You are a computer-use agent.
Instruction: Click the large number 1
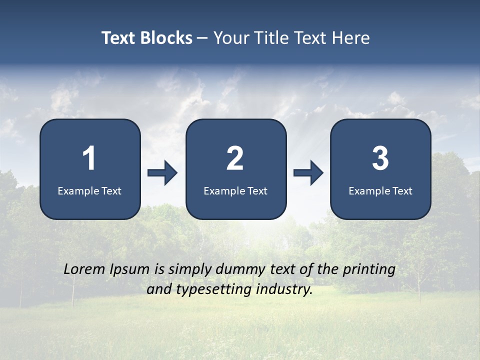[x=89, y=158]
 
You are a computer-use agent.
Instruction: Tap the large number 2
[x=235, y=158]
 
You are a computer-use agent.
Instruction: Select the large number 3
[x=380, y=158]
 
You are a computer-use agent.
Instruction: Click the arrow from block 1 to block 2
[x=163, y=173]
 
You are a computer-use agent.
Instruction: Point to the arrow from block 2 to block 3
[x=308, y=173]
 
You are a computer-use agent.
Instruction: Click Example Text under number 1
[x=89, y=190]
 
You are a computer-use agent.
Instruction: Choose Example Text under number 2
[x=235, y=190]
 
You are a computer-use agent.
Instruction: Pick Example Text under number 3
[x=380, y=190]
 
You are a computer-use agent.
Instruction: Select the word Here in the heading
[x=350, y=38]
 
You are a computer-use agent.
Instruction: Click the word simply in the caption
[x=189, y=270]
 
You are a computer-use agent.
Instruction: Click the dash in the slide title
[x=202, y=38]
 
